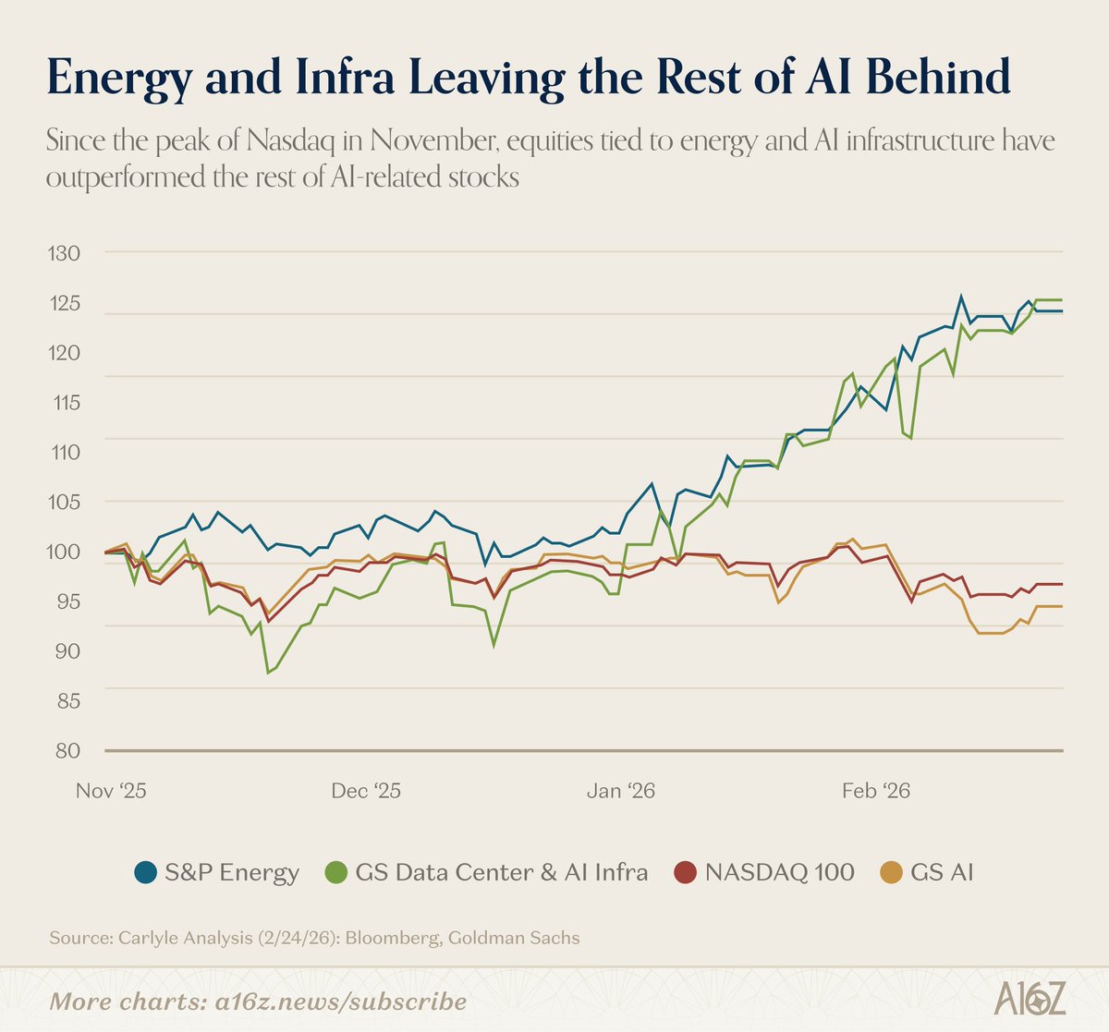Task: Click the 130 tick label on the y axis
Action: (x=64, y=253)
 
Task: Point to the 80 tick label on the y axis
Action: (x=64, y=750)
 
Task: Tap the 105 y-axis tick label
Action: (x=64, y=502)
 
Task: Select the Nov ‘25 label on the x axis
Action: (x=111, y=792)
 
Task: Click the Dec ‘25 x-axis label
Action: (x=366, y=792)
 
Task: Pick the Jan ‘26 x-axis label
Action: (x=621, y=792)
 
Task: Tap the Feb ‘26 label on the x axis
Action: (x=875, y=792)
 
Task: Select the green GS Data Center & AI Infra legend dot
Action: (x=338, y=872)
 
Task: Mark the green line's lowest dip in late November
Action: (x=268, y=673)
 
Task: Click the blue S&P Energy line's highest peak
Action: (x=960, y=297)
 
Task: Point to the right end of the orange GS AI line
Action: (x=1061, y=606)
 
